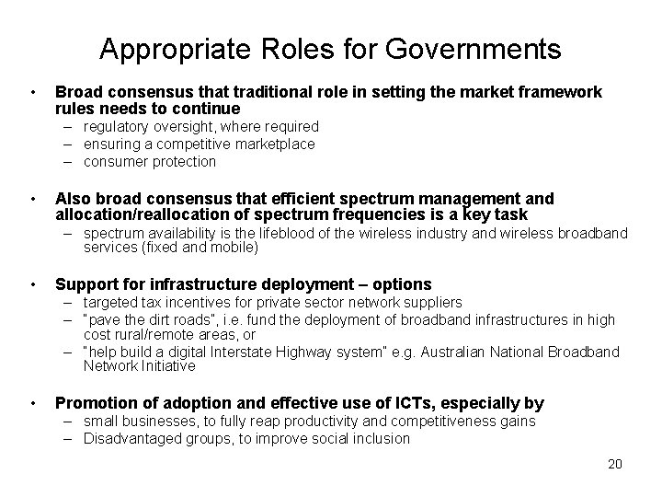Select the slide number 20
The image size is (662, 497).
pos(614,464)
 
